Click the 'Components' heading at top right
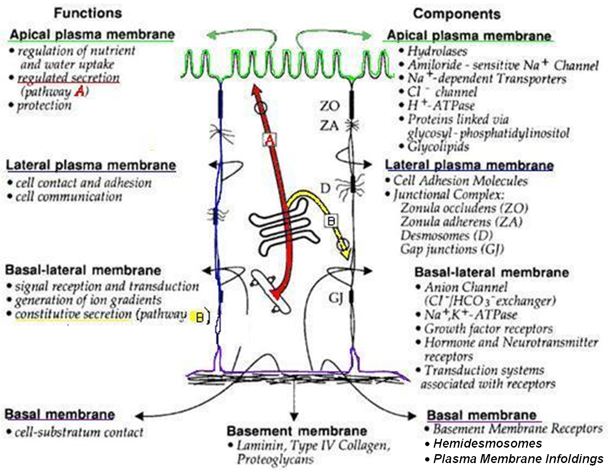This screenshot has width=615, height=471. (457, 13)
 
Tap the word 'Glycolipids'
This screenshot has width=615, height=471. (438, 146)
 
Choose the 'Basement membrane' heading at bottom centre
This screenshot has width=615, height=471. (297, 430)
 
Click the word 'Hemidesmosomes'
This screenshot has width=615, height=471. (488, 443)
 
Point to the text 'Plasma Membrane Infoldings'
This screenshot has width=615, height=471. (518, 459)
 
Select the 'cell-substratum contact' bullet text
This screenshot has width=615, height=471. (79, 432)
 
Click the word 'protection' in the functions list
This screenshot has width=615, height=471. (44, 105)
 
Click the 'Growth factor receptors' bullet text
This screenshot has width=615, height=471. (488, 329)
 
